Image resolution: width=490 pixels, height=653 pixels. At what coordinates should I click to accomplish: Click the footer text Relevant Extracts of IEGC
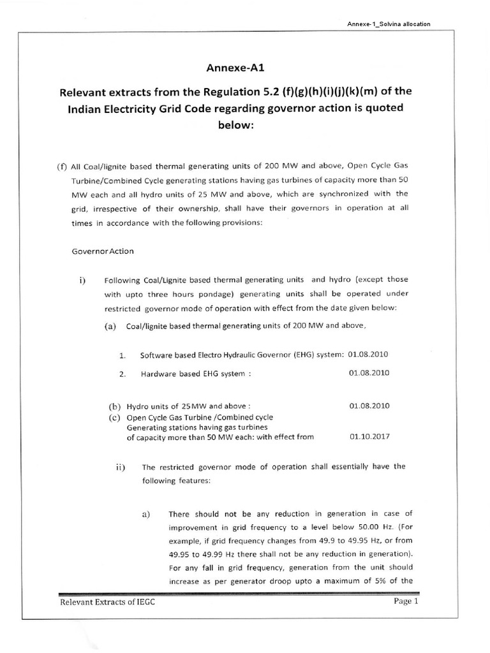click(107, 602)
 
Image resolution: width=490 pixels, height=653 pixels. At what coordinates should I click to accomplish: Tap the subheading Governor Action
click(103, 251)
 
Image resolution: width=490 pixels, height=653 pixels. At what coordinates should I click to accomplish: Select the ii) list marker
click(119, 466)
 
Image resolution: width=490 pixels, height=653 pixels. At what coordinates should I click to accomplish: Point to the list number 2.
click(121, 374)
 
